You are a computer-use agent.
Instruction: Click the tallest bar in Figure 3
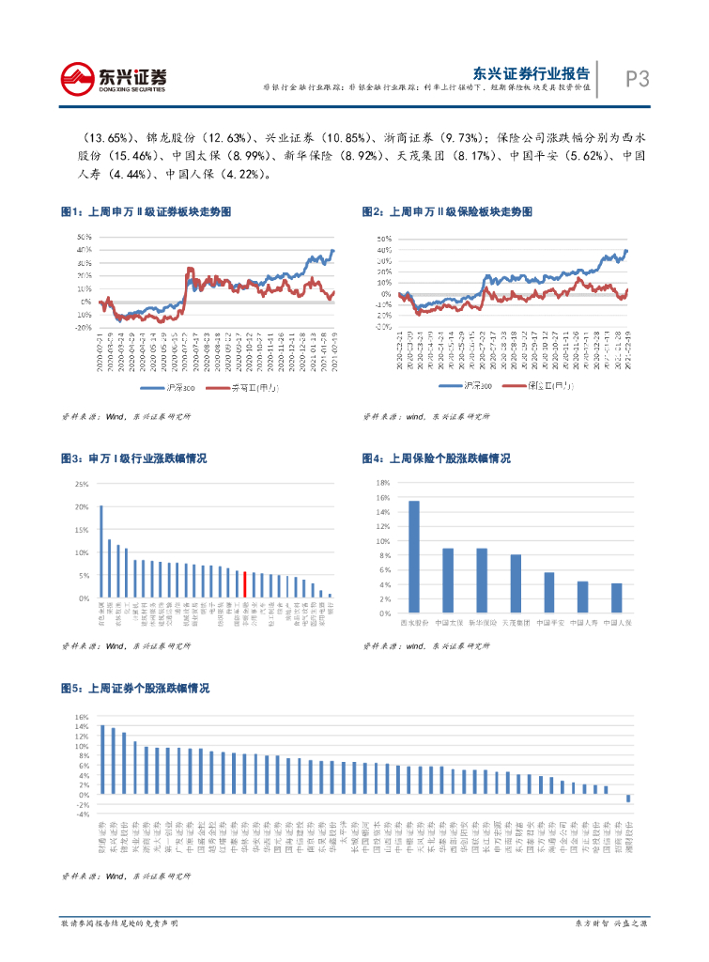pos(101,551)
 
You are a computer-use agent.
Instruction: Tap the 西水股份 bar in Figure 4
pos(414,557)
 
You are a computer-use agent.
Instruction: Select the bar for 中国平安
pos(549,593)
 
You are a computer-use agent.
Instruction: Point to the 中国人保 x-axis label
pos(617,623)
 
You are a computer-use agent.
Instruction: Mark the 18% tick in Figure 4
pos(383,483)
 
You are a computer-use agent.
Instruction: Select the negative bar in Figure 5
pos(628,799)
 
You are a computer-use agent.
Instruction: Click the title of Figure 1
pos(146,212)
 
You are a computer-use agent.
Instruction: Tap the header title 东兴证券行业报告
pos(531,71)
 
